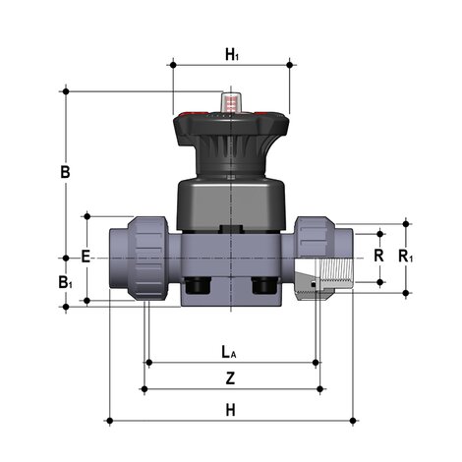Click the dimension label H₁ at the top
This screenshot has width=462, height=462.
231,55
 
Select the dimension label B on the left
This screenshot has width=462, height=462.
65,173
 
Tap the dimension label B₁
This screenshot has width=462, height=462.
65,282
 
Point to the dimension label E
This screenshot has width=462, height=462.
86,256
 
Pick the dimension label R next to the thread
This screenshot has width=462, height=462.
378,255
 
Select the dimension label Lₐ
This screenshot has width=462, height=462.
227,351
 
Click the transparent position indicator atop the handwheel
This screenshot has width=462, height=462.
232,102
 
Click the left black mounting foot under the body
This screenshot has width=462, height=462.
200,287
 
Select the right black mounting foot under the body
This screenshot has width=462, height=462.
264,287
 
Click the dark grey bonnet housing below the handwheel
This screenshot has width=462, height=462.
232,204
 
